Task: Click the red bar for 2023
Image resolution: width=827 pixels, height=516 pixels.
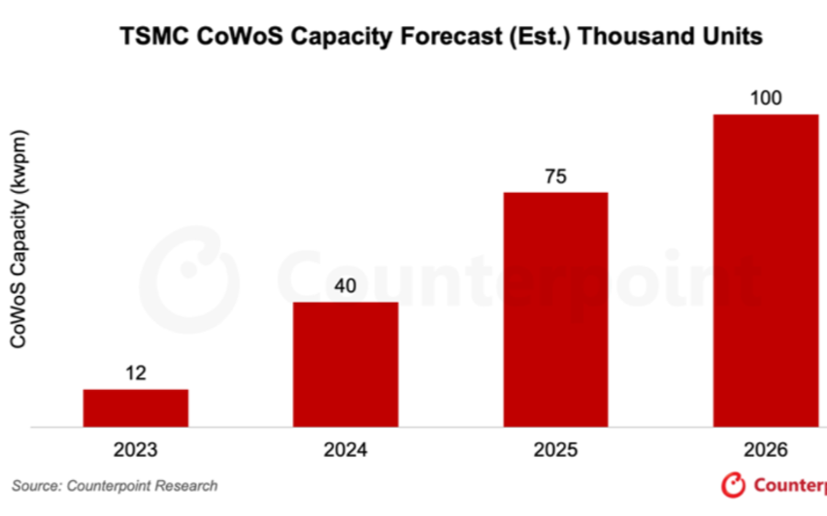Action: pos(135,407)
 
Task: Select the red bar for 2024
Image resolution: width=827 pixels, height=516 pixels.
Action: pos(345,364)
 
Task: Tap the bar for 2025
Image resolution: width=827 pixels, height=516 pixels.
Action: pos(555,308)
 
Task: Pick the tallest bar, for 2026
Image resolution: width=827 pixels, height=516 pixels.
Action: pos(766,270)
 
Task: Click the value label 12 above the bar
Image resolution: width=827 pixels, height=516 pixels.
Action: pos(135,373)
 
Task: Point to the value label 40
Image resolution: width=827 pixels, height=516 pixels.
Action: pos(345,286)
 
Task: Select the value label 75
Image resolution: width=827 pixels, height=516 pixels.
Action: pos(555,177)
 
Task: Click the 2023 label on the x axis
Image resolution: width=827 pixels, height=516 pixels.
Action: pos(135,450)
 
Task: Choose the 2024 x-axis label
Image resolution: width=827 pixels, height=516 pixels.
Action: pos(345,450)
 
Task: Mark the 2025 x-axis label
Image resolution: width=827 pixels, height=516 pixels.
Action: pos(555,450)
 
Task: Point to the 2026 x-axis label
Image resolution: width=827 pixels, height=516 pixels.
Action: pos(766,450)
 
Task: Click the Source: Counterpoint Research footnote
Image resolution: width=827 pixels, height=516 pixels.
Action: pos(115,485)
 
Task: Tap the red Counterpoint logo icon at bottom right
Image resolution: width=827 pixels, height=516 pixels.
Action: pos(735,484)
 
